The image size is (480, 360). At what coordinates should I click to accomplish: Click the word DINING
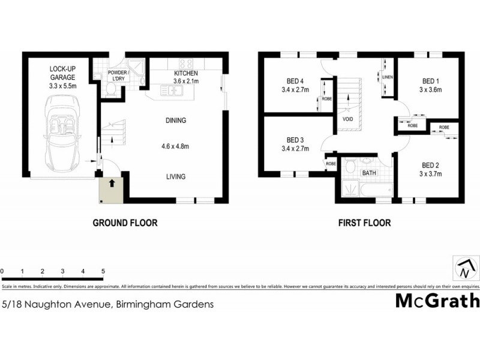tap(176, 121)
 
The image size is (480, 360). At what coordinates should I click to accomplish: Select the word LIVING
tap(176, 176)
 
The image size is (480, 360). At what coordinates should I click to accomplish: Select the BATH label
tap(367, 173)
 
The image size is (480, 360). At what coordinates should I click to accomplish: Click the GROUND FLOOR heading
tap(125, 223)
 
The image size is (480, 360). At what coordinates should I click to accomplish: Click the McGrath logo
tap(437, 301)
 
